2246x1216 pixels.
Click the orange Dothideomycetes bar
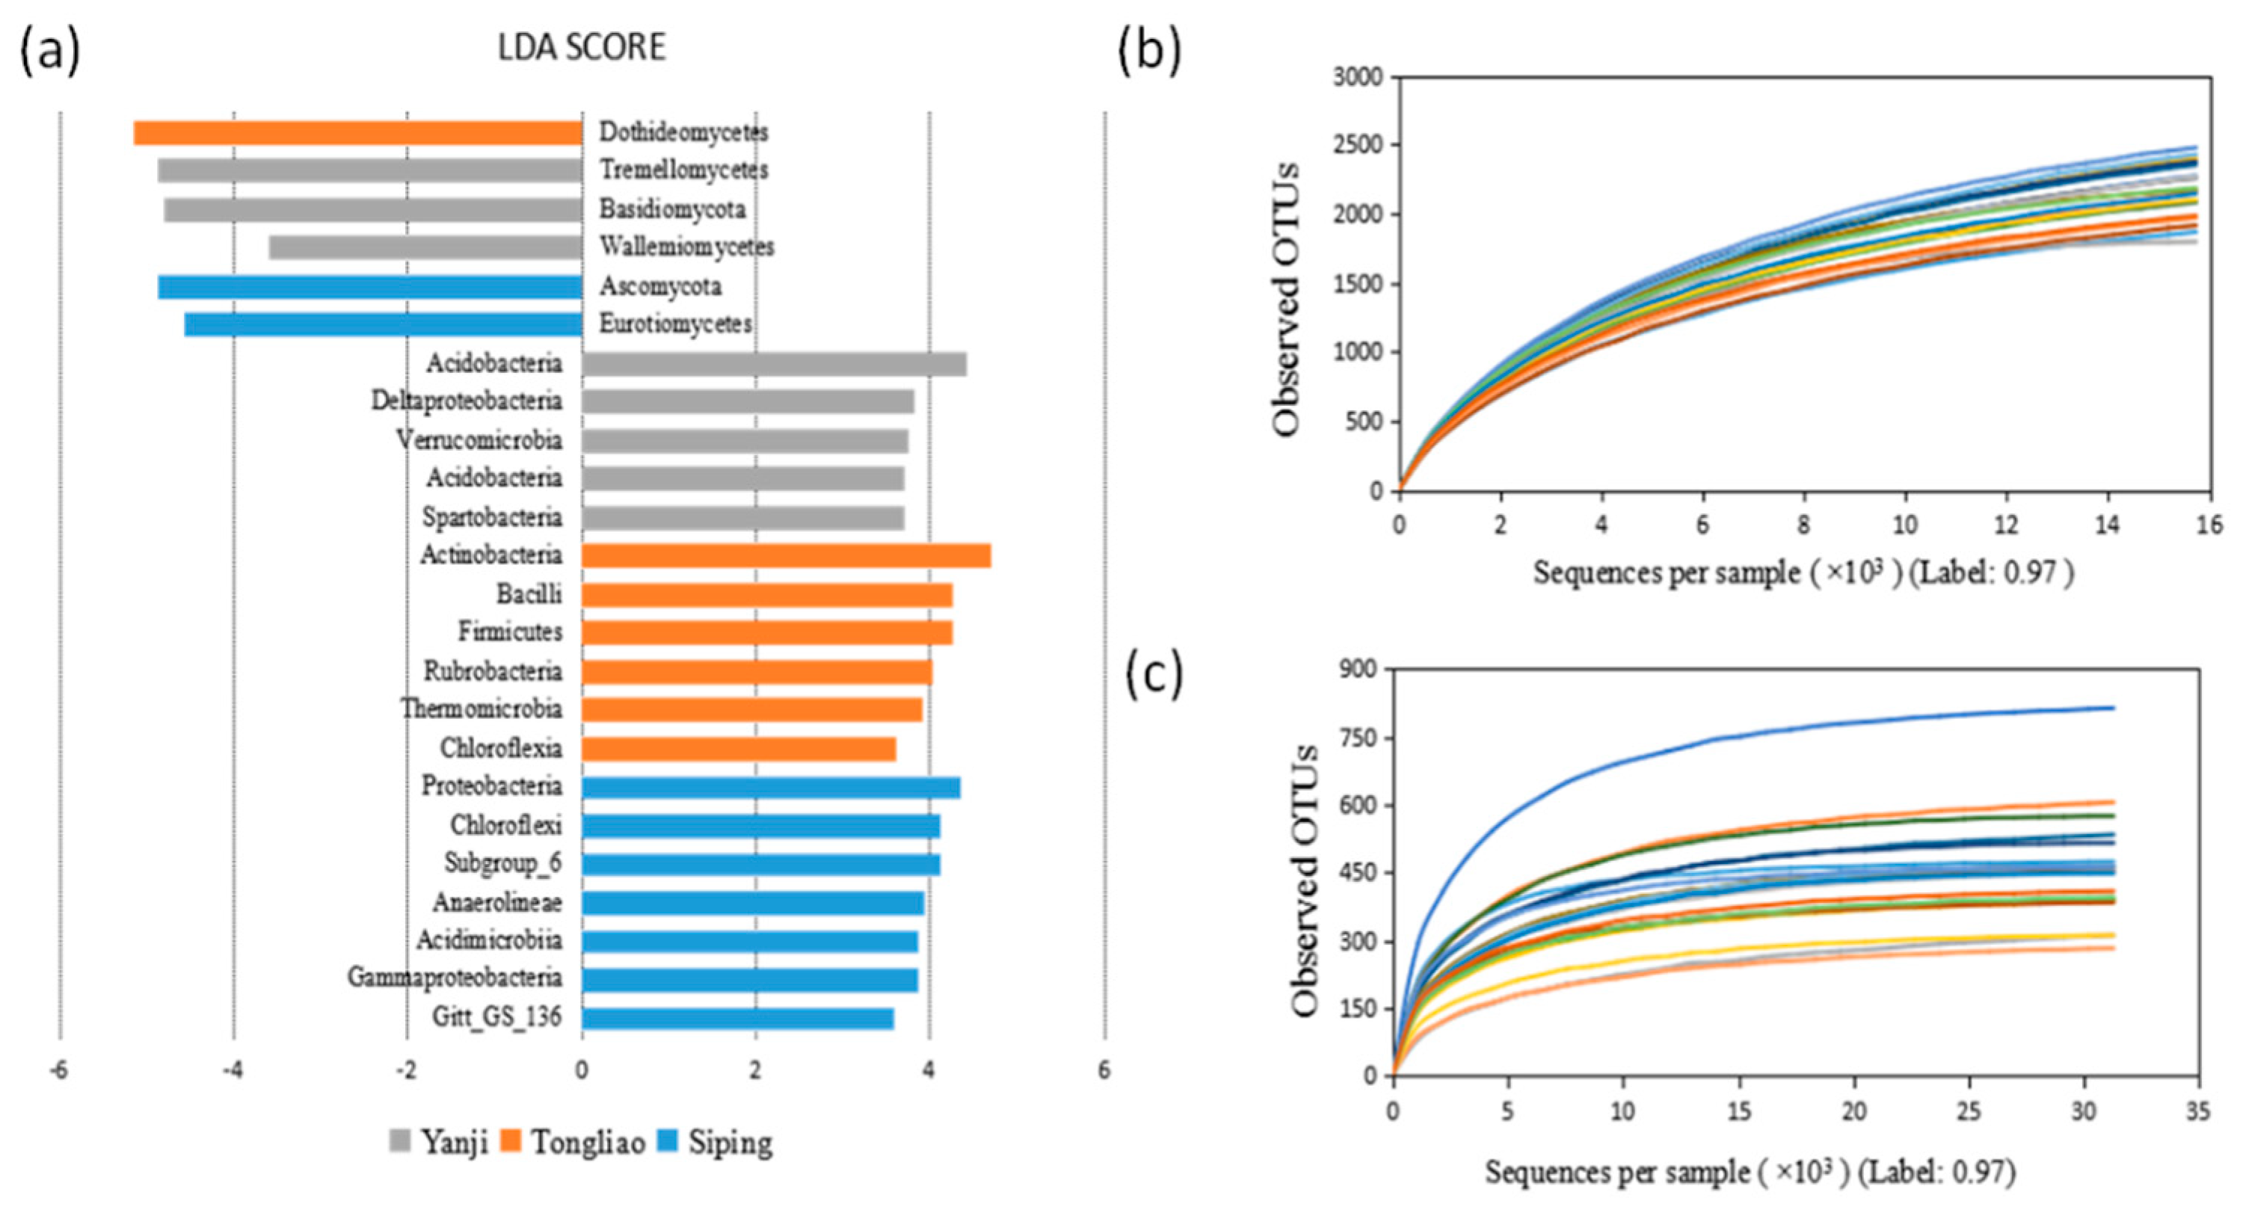coord(357,132)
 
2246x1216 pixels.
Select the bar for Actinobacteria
coord(786,555)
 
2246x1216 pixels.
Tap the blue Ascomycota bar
coord(369,287)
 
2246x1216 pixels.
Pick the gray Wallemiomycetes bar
coord(425,247)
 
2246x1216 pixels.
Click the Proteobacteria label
coord(492,786)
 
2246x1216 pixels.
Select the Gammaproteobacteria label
coord(455,978)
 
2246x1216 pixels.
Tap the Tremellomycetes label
coord(683,170)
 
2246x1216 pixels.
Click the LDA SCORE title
coord(582,48)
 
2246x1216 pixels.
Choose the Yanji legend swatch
coord(400,1141)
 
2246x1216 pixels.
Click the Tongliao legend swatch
coord(510,1141)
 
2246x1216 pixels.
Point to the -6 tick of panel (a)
coord(58,1070)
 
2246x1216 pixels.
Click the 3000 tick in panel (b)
coord(1358,78)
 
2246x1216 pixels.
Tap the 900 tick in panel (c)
coord(1359,670)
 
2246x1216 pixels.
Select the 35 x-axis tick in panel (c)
coord(2199,1111)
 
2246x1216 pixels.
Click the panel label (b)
coord(1150,51)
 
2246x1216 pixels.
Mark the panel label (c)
coord(1154,676)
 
